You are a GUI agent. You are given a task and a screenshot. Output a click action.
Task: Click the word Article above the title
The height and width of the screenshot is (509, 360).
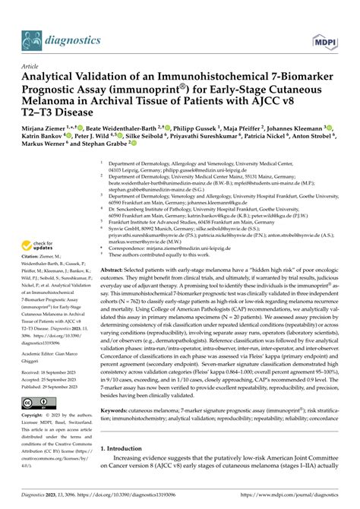pos(33,66)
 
